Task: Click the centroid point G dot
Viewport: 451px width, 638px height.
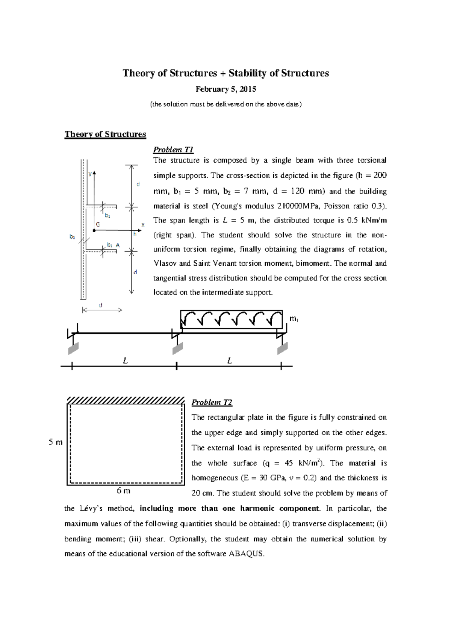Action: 94,230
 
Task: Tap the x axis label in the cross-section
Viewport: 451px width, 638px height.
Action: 142,225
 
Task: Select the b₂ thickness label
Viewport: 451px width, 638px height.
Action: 72,237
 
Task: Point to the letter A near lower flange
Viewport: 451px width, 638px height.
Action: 118,245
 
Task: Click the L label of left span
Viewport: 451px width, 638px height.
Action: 126,361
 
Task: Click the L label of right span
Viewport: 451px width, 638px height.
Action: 230,361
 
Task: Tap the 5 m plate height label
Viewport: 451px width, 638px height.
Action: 56,442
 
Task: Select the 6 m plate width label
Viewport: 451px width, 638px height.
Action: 124,491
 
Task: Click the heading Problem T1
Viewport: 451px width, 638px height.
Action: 173,150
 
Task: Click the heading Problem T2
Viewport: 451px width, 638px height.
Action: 212,402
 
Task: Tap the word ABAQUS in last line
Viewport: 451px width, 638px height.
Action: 246,554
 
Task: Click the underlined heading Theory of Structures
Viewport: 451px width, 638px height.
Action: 105,134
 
